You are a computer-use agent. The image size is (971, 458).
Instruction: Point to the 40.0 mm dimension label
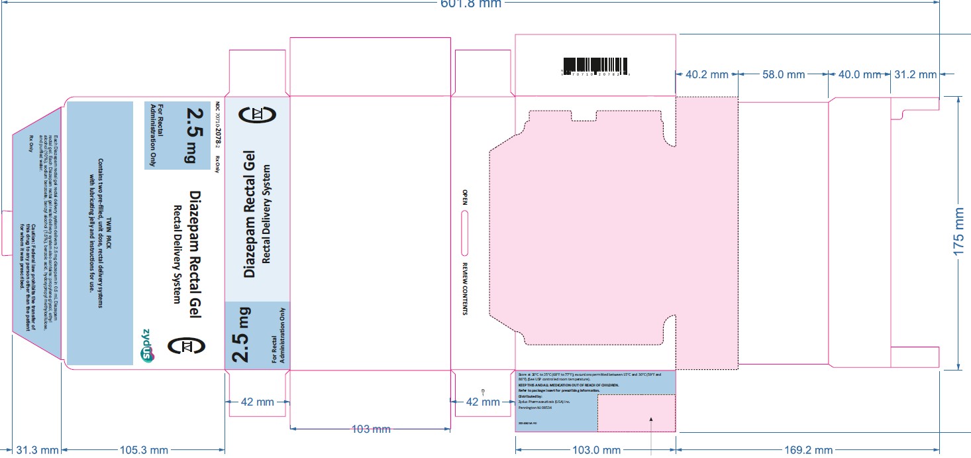[860, 75]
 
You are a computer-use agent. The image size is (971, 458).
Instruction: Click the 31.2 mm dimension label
[915, 75]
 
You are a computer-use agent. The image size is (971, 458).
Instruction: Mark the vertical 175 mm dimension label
[958, 233]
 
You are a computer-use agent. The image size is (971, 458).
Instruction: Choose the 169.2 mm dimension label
[805, 450]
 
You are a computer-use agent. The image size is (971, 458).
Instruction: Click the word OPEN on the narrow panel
[465, 197]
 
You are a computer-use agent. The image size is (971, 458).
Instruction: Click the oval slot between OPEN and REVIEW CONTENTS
[465, 231]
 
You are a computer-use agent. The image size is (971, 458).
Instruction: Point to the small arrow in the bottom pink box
[651, 418]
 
